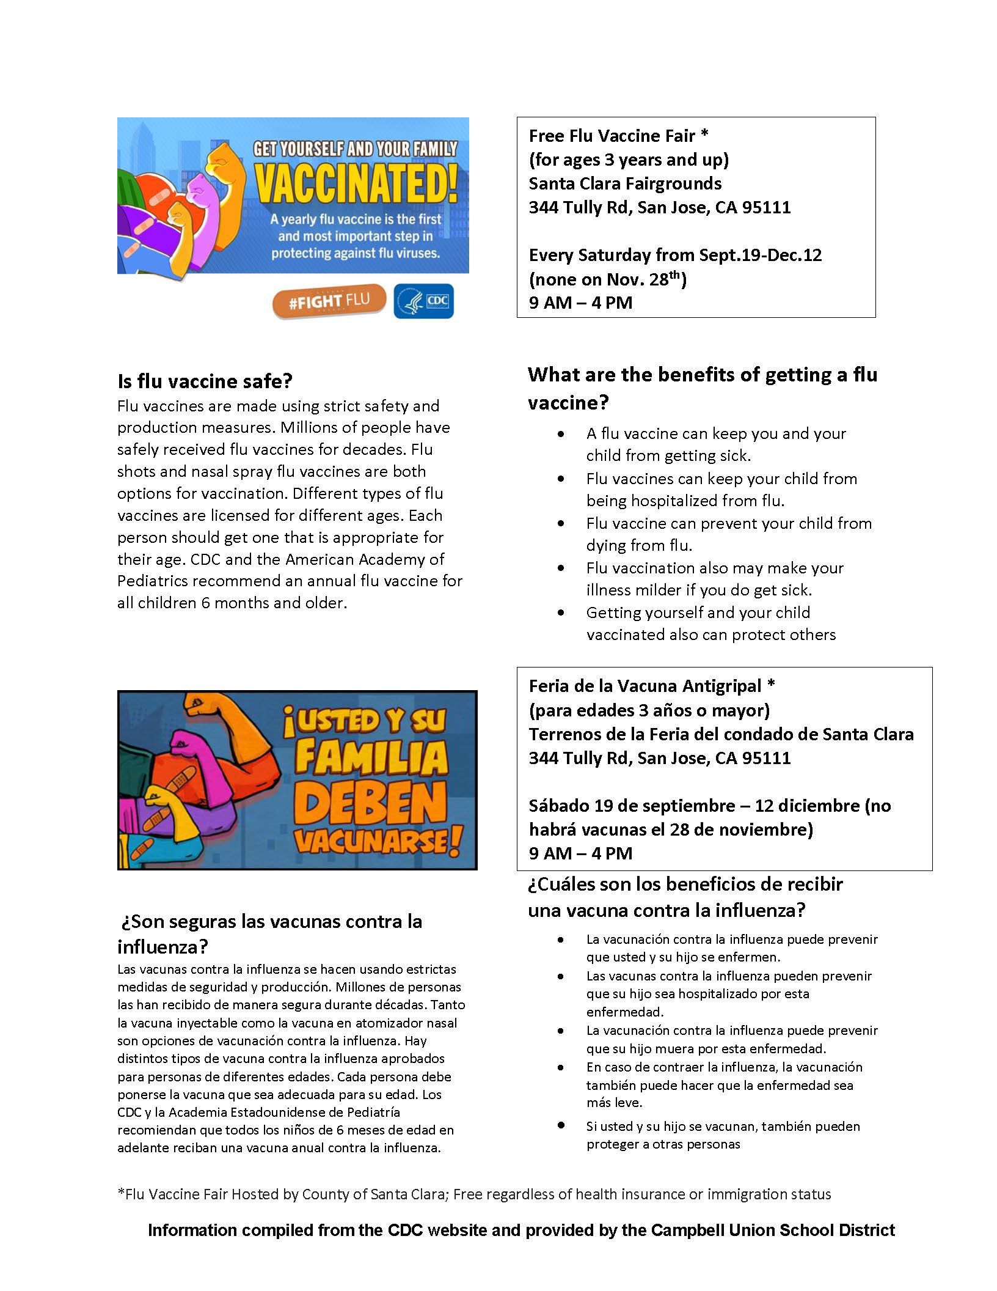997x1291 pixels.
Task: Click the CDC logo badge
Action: pyautogui.click(x=423, y=301)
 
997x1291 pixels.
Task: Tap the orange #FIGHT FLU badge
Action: pyautogui.click(x=329, y=302)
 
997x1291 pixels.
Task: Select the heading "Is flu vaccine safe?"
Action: pyautogui.click(x=205, y=381)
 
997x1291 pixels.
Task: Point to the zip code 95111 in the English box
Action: pyautogui.click(x=766, y=208)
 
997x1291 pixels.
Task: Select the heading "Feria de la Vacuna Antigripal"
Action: pyautogui.click(x=645, y=686)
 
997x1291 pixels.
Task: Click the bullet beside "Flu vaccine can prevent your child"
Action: pyautogui.click(x=561, y=524)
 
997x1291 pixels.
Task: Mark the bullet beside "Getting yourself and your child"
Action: pyautogui.click(x=561, y=613)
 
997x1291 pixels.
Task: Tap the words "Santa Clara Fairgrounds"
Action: pyautogui.click(x=625, y=183)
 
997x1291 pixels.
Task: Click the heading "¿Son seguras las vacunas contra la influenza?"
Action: pyautogui.click(x=270, y=934)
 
